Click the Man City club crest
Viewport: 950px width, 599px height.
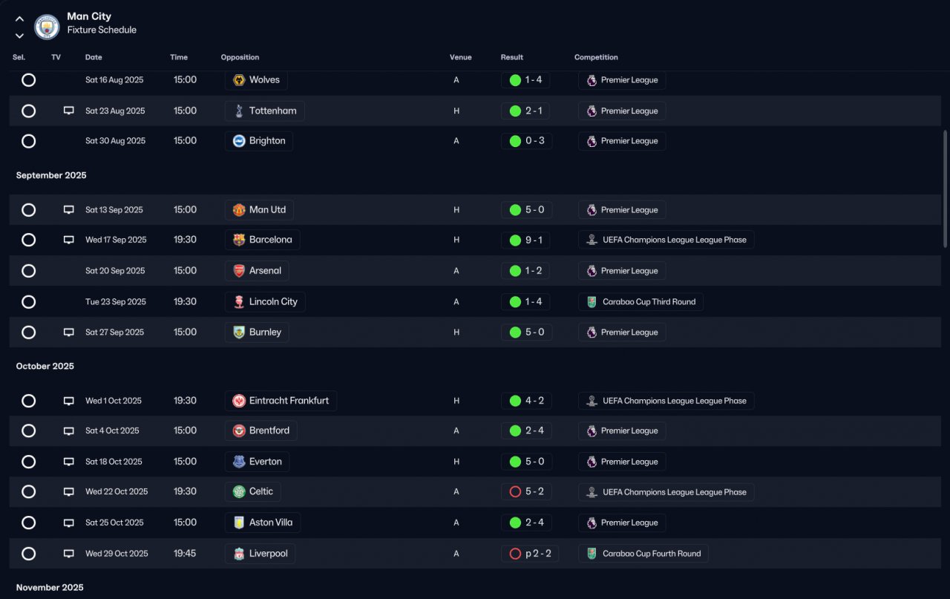coord(47,27)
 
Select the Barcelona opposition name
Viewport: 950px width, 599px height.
coord(271,240)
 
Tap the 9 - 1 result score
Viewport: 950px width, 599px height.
coord(534,240)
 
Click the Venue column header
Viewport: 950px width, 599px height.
coord(461,57)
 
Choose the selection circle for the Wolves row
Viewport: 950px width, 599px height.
coord(28,79)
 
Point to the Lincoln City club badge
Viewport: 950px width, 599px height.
coord(239,301)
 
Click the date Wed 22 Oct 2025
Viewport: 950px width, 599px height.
coord(117,491)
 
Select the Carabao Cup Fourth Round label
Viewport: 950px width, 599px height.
coord(652,554)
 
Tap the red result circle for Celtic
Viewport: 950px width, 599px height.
coord(515,491)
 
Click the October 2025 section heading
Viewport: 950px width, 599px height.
coord(45,366)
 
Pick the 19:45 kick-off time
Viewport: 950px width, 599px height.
coord(185,554)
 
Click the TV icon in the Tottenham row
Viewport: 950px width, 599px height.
coord(69,111)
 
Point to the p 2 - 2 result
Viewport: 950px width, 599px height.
coord(538,554)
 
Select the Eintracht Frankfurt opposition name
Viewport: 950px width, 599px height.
coord(289,401)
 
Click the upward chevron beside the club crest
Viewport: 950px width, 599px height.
coord(19,19)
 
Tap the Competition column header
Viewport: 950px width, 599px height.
coord(596,57)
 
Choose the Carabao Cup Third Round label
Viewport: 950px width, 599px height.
coord(649,302)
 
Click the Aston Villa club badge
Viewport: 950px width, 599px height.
coord(239,523)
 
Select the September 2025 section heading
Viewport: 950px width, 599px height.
coord(51,175)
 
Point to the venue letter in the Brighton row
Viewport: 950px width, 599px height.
coord(456,141)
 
